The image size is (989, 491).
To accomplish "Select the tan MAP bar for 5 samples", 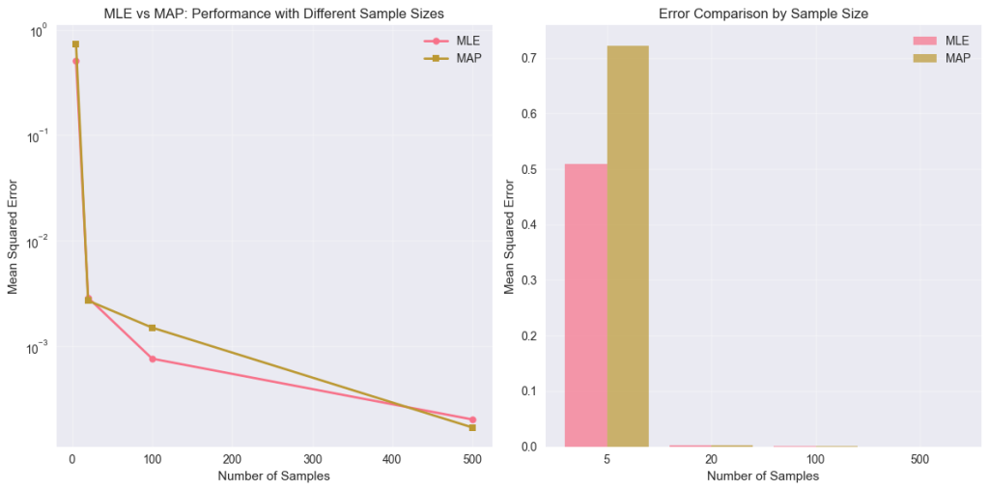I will pyautogui.click(x=628, y=246).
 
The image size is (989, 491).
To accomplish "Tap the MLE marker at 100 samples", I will pyautogui.click(x=152, y=359).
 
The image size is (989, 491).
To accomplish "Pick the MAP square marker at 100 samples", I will pyautogui.click(x=152, y=328).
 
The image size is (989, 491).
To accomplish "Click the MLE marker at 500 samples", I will pyautogui.click(x=472, y=419).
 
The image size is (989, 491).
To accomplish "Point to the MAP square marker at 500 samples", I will pyautogui.click(x=472, y=427).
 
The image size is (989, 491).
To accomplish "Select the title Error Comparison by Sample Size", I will pyautogui.click(x=763, y=14).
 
